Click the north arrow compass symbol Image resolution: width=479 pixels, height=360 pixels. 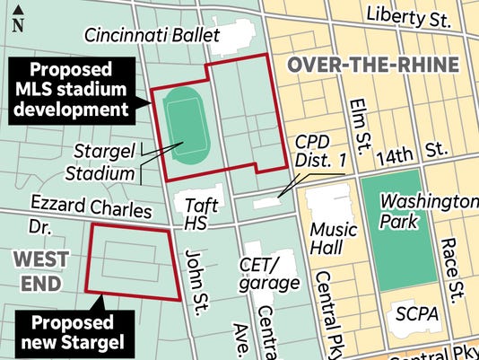pos(18,19)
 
